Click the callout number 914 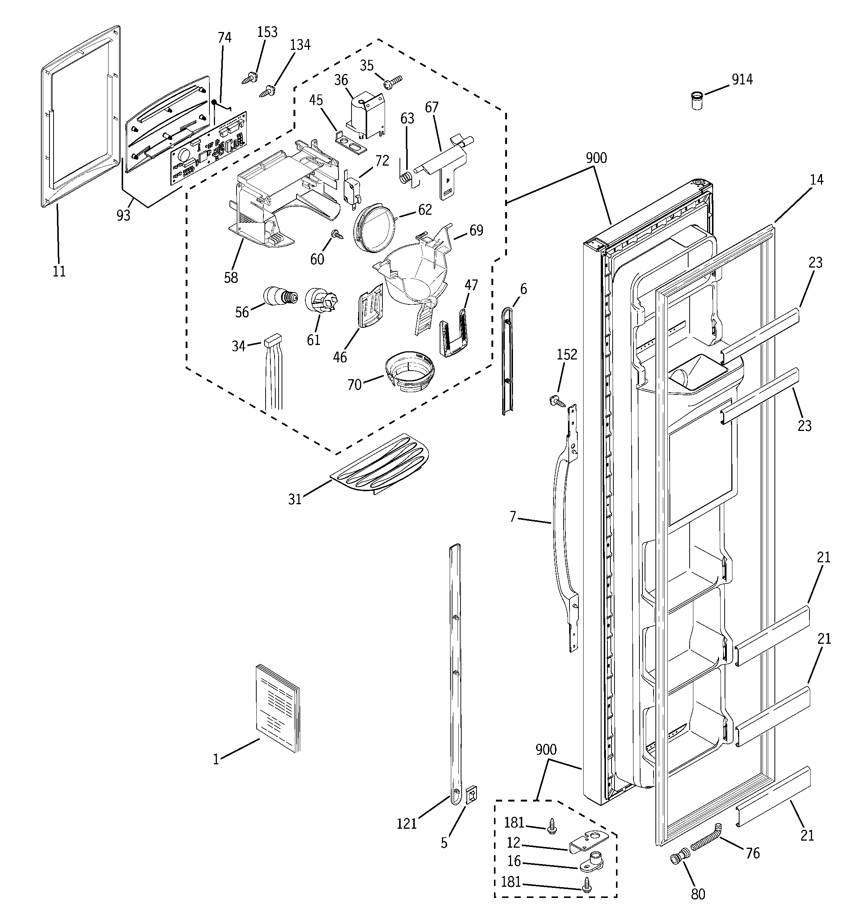tap(742, 80)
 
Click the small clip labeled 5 tap(471, 795)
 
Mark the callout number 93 tap(123, 215)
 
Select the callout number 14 tap(816, 180)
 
